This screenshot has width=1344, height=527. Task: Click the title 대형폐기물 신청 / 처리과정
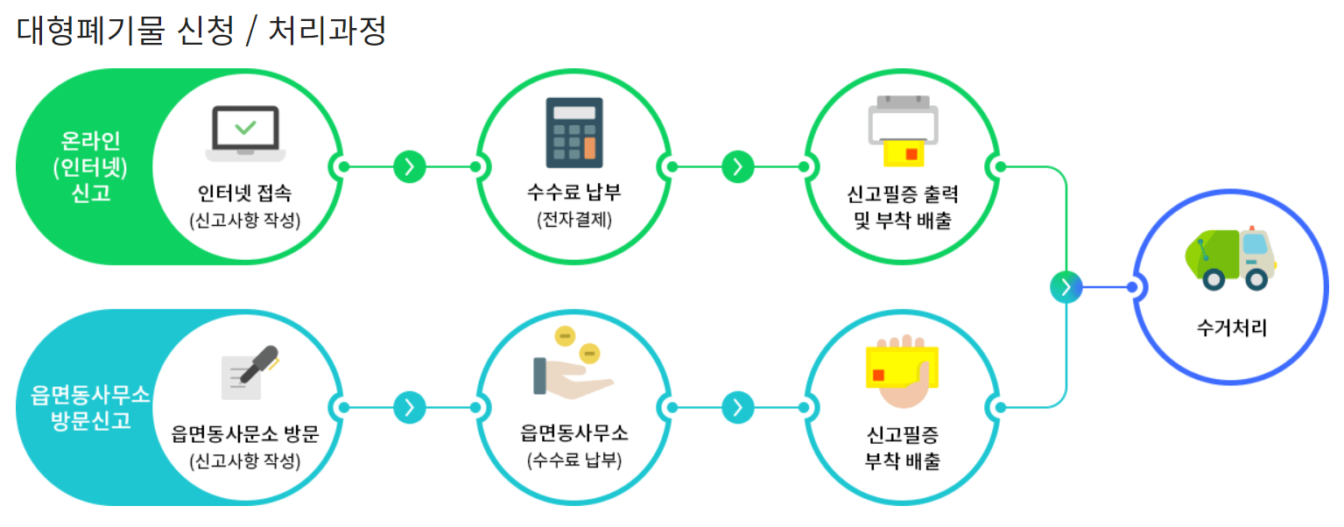coord(201,32)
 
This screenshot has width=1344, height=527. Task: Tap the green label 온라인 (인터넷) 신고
coord(91,166)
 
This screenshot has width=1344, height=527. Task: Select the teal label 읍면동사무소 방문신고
coord(84,408)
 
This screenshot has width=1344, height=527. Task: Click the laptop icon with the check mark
coord(245,133)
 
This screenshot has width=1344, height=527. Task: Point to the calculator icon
coord(574,132)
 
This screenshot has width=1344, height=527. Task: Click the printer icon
coord(903,131)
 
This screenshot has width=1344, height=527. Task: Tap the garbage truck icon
coord(1230,259)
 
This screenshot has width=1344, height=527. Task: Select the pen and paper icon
coord(249,373)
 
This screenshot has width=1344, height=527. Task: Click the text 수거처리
coord(1231,329)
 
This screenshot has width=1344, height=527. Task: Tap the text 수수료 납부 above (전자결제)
coord(574,193)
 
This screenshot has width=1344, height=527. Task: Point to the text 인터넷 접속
coord(245,193)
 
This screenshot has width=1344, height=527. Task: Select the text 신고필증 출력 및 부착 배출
coord(902,207)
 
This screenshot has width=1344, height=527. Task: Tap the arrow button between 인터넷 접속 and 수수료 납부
coord(410,166)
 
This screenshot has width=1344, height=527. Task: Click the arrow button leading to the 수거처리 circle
coord(1066,286)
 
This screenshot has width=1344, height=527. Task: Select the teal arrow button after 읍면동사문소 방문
coord(410,407)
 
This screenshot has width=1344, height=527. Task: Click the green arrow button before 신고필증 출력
coord(738,166)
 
